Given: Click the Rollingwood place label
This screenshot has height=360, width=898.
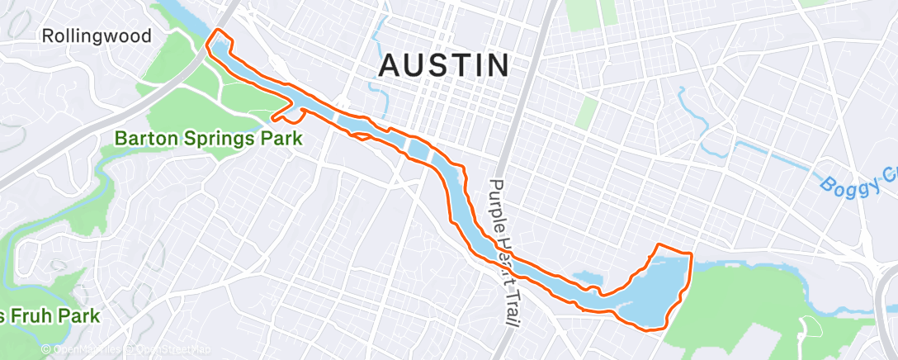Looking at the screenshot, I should pos(97,36).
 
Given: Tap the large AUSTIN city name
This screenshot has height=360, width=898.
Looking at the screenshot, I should pos(444,66).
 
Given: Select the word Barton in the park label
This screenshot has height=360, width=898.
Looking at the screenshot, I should pos(149,138).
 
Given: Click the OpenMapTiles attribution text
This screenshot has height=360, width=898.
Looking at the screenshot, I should pos(86,350).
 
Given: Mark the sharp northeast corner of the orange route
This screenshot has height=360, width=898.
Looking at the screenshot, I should pos(688,252).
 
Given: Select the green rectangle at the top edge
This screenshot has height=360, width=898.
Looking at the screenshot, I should pos(607,11).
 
